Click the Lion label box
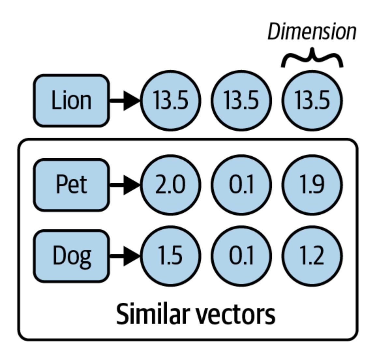click(71, 100)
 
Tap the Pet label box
click(71, 185)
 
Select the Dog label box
click(71, 255)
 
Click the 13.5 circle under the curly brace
click(312, 100)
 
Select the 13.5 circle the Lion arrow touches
click(170, 100)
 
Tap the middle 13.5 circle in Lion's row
click(241, 100)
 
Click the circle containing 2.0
click(170, 185)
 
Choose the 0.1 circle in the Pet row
click(241, 185)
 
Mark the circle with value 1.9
click(312, 185)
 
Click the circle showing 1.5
click(170, 255)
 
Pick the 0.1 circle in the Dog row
click(241, 255)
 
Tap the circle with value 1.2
click(312, 255)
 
